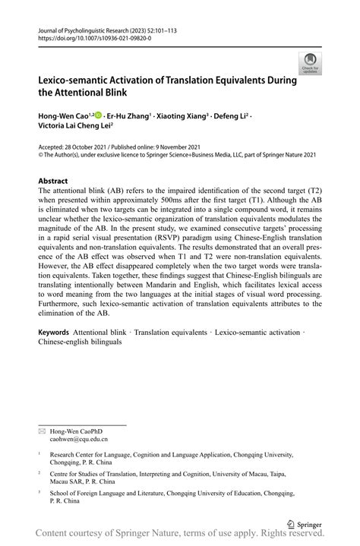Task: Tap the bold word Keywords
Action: [x=53, y=354]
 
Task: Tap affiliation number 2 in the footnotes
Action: [x=39, y=472]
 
